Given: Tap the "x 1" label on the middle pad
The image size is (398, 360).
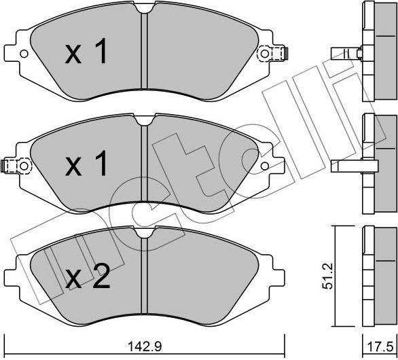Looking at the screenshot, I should point(86,164).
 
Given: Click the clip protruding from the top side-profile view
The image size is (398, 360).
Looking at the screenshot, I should point(344,53).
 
